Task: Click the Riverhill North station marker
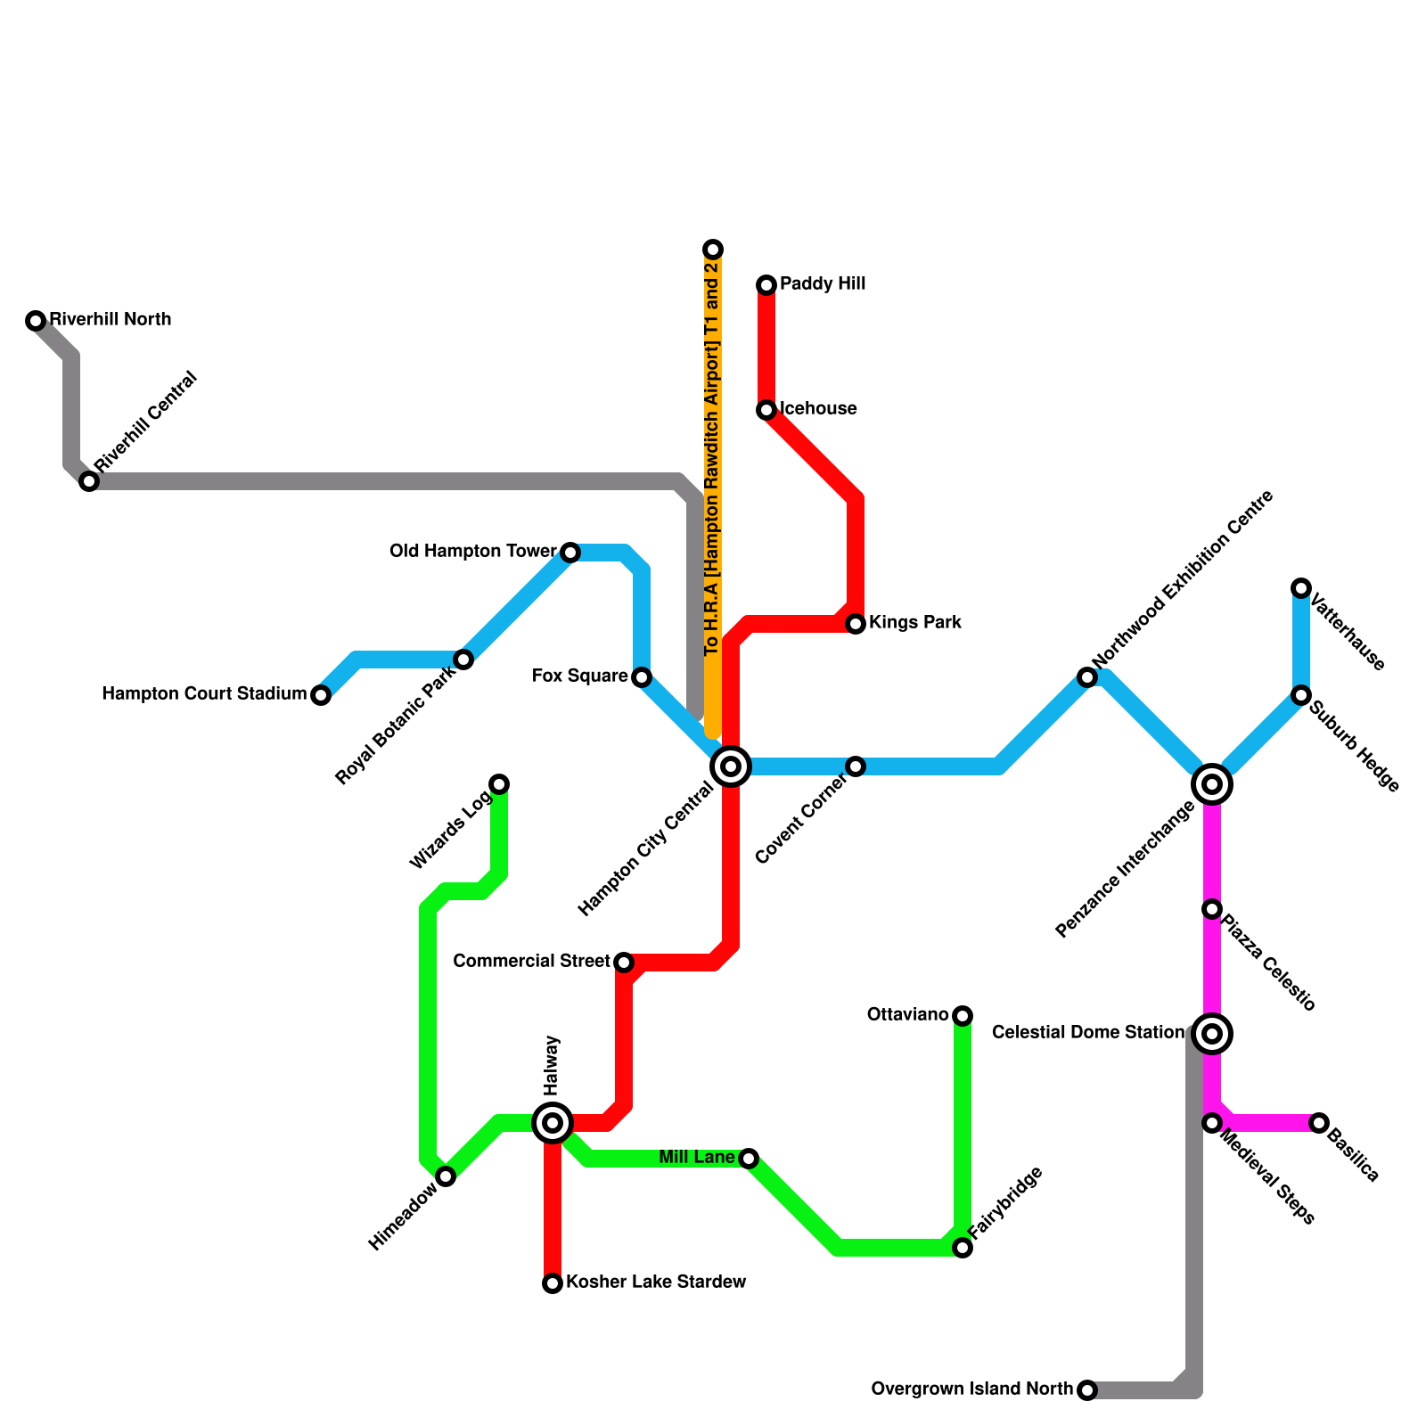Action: pyautogui.click(x=36, y=321)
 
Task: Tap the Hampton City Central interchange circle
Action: pyautogui.click(x=731, y=766)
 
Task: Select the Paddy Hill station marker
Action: pyautogui.click(x=766, y=285)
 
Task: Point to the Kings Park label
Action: pyautogui.click(x=914, y=623)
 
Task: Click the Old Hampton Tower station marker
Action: pyautogui.click(x=570, y=553)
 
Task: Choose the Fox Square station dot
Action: pyautogui.click(x=642, y=677)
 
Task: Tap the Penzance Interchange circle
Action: pyautogui.click(x=1212, y=784)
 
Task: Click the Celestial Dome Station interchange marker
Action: pyautogui.click(x=1212, y=1034)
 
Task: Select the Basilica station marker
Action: pyautogui.click(x=1319, y=1123)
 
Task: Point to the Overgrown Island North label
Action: pyautogui.click(x=971, y=1389)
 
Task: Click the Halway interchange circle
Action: pyautogui.click(x=553, y=1123)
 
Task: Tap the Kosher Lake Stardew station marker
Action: pyautogui.click(x=553, y=1283)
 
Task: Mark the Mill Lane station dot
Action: pyautogui.click(x=749, y=1159)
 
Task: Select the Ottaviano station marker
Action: pyautogui.click(x=963, y=1016)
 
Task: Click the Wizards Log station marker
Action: pyautogui.click(x=500, y=784)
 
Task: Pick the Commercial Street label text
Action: pyautogui.click(x=531, y=962)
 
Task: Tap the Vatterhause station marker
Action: pyautogui.click(x=1301, y=588)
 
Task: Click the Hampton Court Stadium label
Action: pyautogui.click(x=204, y=694)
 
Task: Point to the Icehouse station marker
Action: pyautogui.click(x=766, y=410)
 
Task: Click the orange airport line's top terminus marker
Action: pyautogui.click(x=713, y=250)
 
